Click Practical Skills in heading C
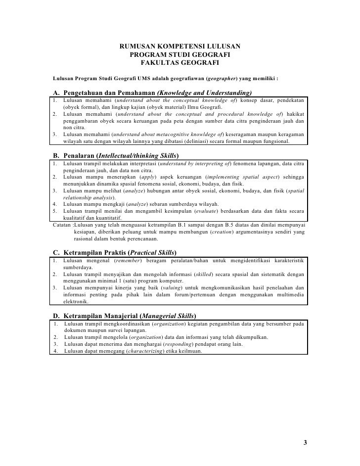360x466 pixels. pos(152,252)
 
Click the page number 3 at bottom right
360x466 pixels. pos(305,442)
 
